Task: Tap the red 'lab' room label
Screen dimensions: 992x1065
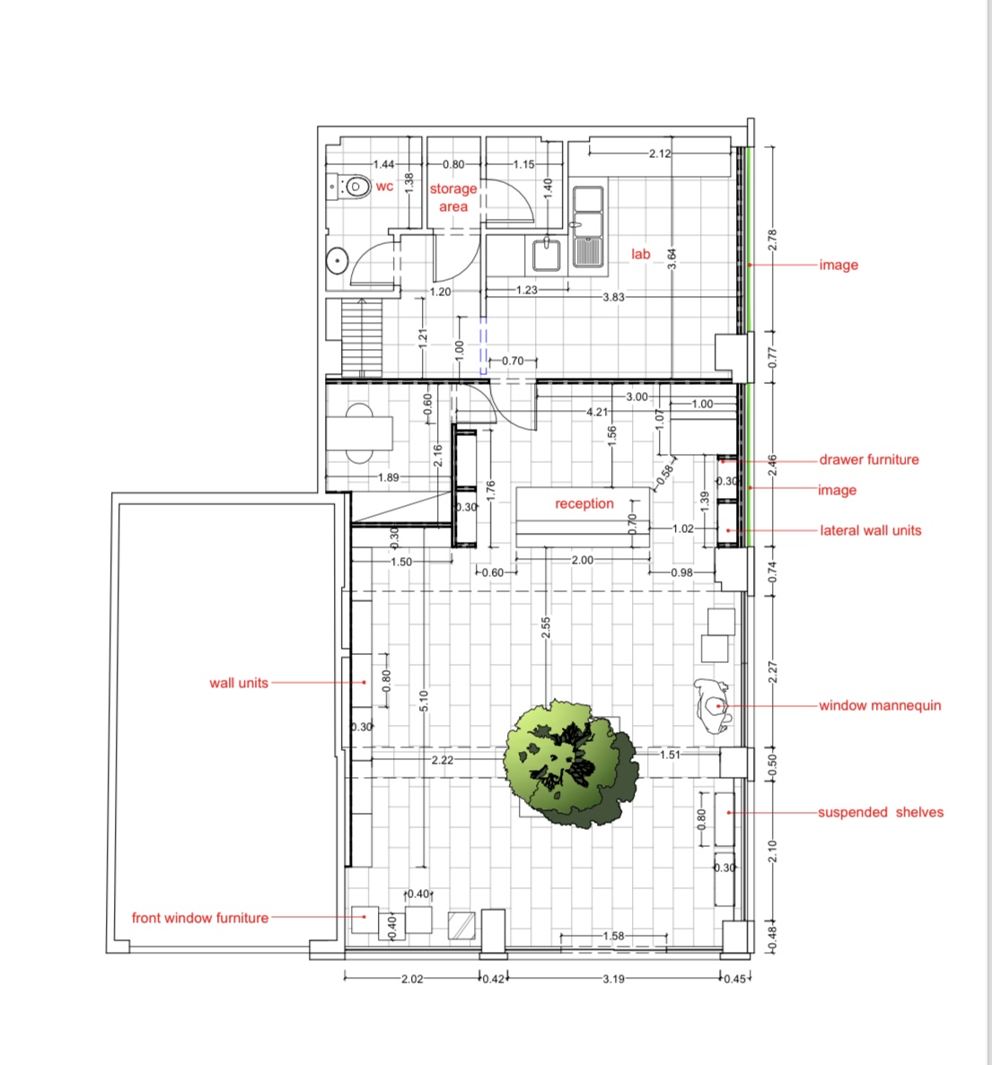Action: [641, 254]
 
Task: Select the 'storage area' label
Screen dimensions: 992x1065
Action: [453, 197]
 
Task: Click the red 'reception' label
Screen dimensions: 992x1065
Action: [584, 503]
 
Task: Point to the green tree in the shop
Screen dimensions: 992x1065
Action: [571, 764]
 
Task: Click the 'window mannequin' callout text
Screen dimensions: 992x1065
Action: [880, 706]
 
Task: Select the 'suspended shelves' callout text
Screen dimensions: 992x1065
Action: [881, 812]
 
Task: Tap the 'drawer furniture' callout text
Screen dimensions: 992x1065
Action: [869, 459]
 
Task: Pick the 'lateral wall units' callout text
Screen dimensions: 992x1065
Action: [871, 530]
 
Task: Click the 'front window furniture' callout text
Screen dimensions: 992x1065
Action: [200, 918]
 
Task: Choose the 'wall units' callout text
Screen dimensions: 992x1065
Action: [239, 684]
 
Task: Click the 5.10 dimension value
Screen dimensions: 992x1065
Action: [424, 701]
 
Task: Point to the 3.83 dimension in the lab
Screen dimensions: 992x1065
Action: [613, 297]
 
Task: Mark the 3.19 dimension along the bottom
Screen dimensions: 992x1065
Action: [613, 979]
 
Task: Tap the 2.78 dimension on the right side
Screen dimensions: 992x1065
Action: [772, 240]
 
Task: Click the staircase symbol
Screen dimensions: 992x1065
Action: [362, 336]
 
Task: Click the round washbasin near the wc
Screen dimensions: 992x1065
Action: [337, 261]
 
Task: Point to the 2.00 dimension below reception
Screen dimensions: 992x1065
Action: [583, 560]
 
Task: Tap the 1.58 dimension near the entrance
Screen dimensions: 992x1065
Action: [613, 936]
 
